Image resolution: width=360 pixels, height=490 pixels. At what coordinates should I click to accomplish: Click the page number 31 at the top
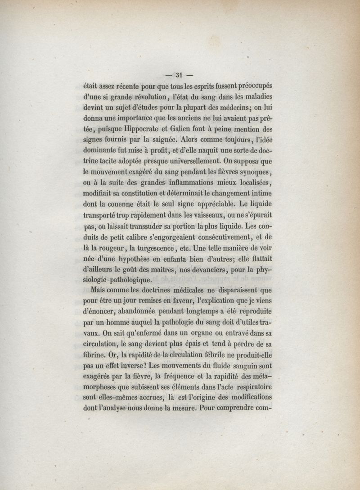pos(179,75)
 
